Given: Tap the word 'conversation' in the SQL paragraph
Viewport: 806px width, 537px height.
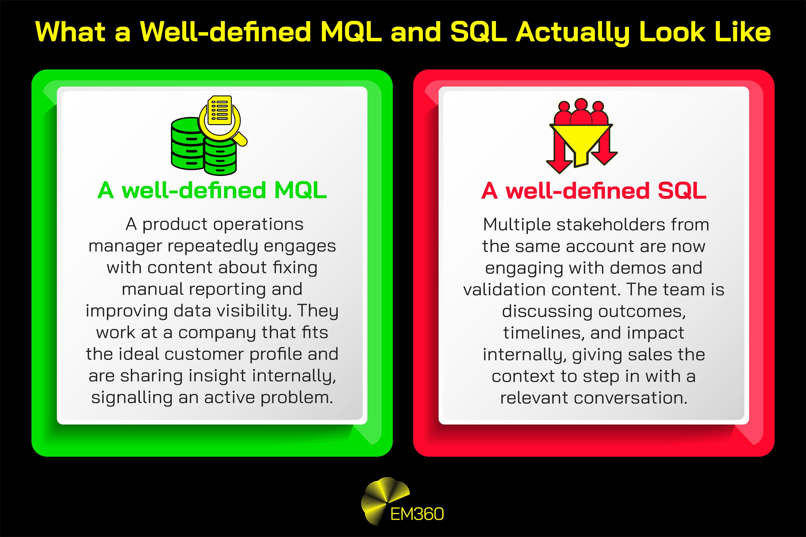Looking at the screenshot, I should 630,398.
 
